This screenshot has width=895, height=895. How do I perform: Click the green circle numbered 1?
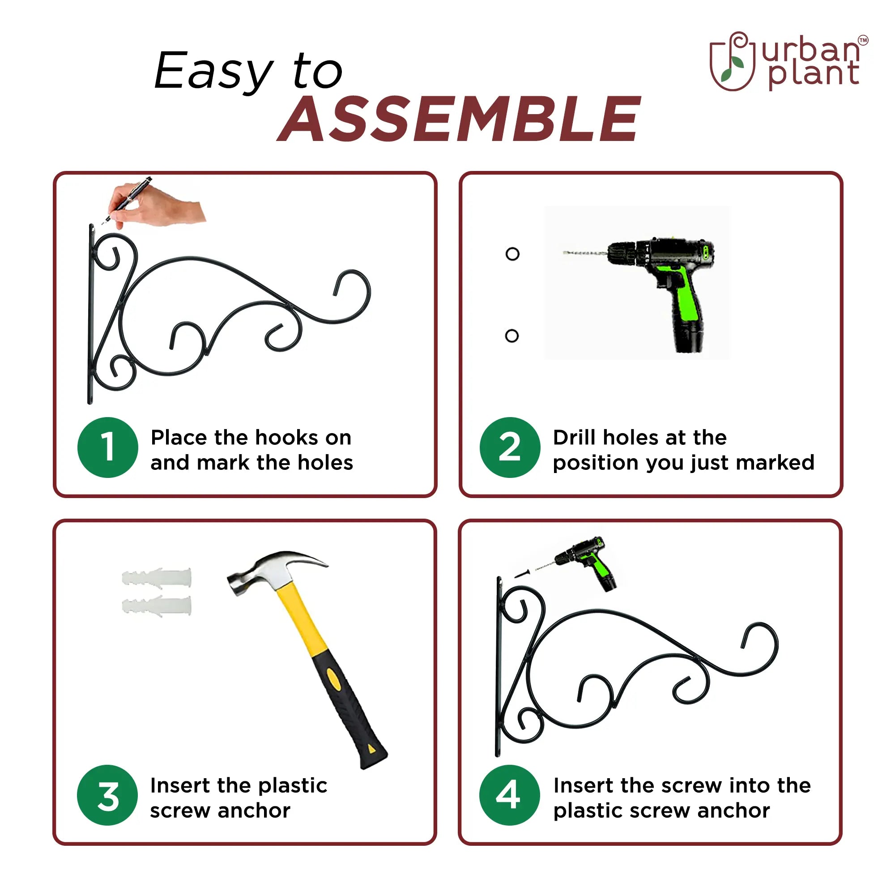108,447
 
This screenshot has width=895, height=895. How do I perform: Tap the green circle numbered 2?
510,447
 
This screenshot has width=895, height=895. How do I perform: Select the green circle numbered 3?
108,795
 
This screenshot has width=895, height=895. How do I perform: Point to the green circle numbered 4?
510,795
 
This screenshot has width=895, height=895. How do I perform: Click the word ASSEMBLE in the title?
460,119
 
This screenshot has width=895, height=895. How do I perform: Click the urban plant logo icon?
732,61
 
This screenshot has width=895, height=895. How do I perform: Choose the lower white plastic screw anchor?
157,605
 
